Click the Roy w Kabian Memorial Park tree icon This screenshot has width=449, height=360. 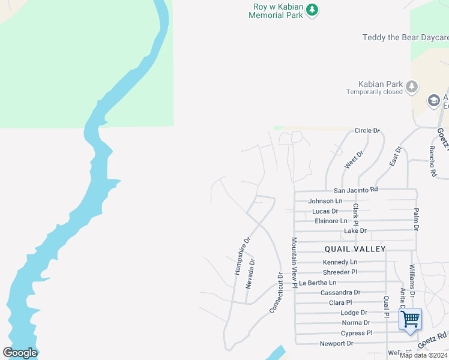312,10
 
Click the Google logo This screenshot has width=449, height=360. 20,353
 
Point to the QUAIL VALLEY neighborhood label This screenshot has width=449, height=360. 355,248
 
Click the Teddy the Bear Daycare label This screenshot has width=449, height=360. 405,38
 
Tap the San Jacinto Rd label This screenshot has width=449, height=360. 352,190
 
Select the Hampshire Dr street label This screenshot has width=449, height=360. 241,256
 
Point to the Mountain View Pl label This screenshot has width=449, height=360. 295,263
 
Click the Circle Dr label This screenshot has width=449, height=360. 367,130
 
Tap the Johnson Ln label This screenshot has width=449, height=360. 325,201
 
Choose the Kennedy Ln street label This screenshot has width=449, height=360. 340,262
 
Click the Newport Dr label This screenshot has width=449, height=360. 337,343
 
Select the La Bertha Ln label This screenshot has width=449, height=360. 318,283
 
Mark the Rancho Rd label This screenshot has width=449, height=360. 432,161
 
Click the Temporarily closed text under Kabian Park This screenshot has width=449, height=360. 375,92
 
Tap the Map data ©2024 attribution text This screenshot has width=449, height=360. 423,355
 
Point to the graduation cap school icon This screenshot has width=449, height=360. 433,100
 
